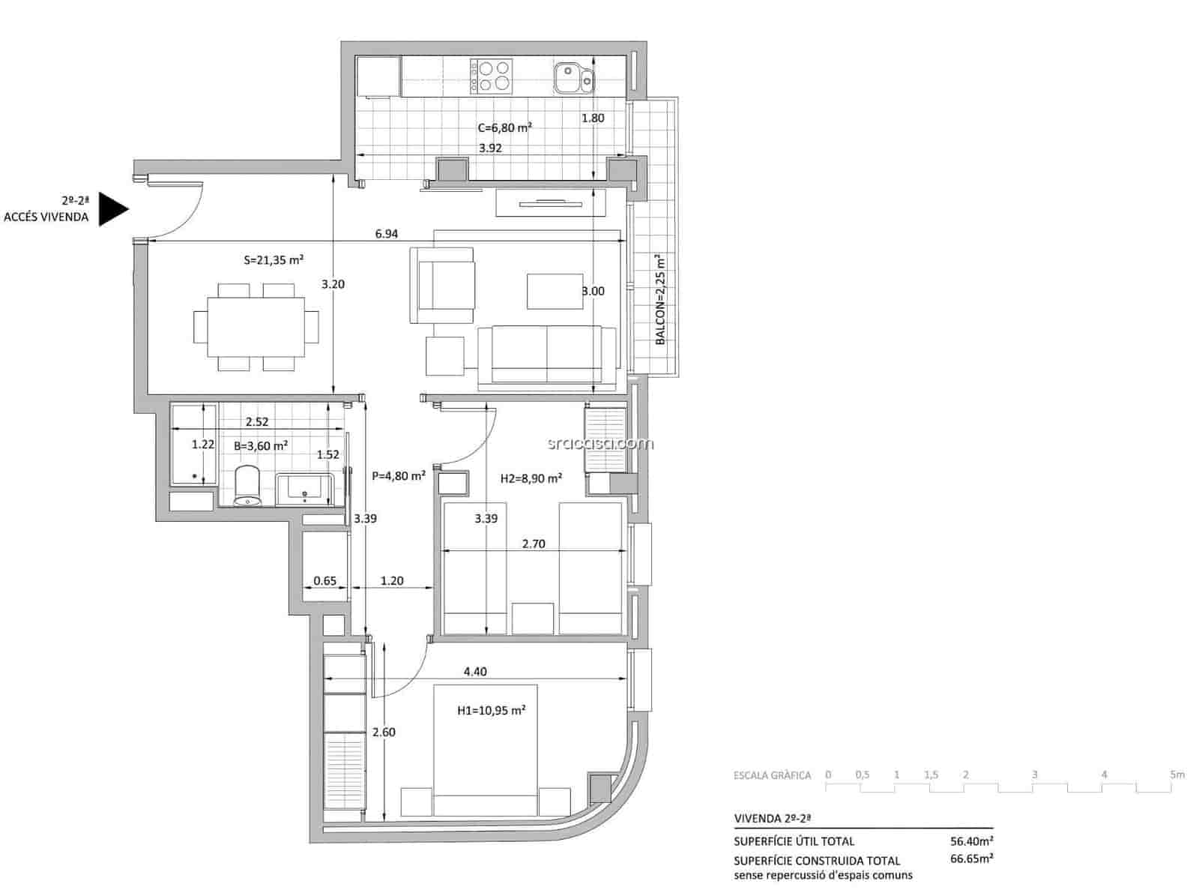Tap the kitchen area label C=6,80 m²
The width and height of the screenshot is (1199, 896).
pos(504,127)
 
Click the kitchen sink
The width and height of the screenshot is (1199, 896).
pos(573,77)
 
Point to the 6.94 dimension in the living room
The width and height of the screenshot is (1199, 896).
pos(386,234)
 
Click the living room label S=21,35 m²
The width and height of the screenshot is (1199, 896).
pos(274,260)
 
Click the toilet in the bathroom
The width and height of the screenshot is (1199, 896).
pos(247,486)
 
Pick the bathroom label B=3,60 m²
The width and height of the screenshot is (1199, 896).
pos(261,445)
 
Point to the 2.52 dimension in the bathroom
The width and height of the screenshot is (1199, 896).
pos(257,422)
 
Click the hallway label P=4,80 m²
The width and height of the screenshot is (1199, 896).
pos(399,475)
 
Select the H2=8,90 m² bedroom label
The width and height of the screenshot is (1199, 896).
pos(531,478)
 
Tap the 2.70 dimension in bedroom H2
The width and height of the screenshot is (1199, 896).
pos(533,544)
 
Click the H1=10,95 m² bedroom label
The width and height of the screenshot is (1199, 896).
pos(491,709)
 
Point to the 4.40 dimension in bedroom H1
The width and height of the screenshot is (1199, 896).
pos(474,671)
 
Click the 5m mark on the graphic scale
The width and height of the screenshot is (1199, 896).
pos(1177,775)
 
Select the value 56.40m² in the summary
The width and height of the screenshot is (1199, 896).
pos(972,841)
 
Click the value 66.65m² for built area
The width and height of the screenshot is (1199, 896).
pos(972,859)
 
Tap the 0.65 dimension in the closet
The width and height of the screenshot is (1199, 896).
pos(324,580)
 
